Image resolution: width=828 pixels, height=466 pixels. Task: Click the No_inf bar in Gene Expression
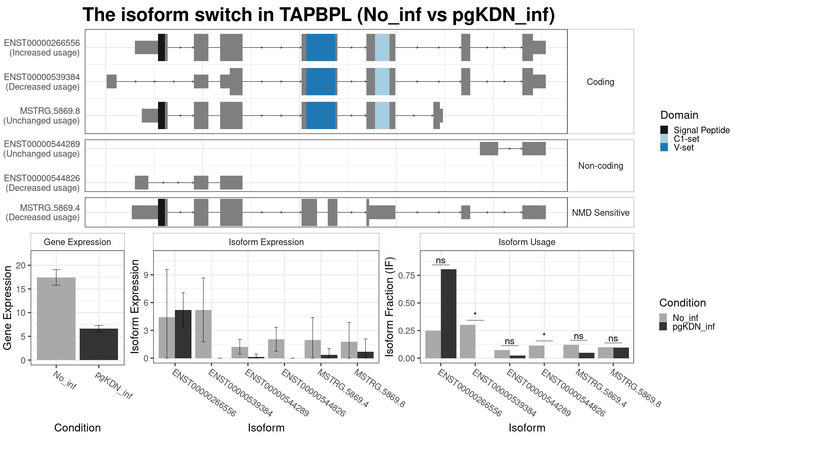56,319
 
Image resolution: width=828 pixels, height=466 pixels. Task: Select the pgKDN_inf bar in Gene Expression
99,344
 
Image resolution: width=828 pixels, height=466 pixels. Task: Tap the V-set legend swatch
664,147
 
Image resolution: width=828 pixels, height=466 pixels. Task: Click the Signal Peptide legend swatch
664,130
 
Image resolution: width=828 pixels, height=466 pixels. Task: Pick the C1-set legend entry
686,139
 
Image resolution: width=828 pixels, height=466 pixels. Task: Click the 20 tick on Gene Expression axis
20,265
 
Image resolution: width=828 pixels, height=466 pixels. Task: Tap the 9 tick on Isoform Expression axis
146,275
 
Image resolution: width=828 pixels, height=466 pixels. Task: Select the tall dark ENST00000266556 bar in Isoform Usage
448,314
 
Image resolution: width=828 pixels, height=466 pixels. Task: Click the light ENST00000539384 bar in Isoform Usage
467,341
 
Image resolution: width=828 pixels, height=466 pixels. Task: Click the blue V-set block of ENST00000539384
321,81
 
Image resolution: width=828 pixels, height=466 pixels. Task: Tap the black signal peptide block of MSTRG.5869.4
161,212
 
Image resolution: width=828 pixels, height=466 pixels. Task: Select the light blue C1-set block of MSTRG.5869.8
382,115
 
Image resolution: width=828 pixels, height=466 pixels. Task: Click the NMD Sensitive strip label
601,213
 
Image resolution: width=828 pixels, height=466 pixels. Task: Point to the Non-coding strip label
601,166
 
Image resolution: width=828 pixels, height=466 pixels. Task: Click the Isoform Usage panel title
527,242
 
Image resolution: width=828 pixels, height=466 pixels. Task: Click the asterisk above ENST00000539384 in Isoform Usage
475,314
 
